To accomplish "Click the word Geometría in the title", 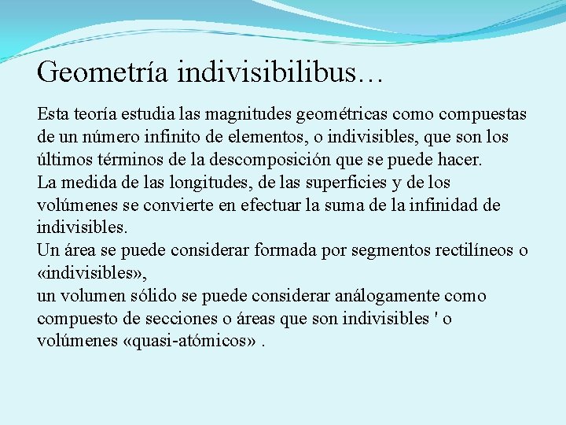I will pos(102,72).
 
